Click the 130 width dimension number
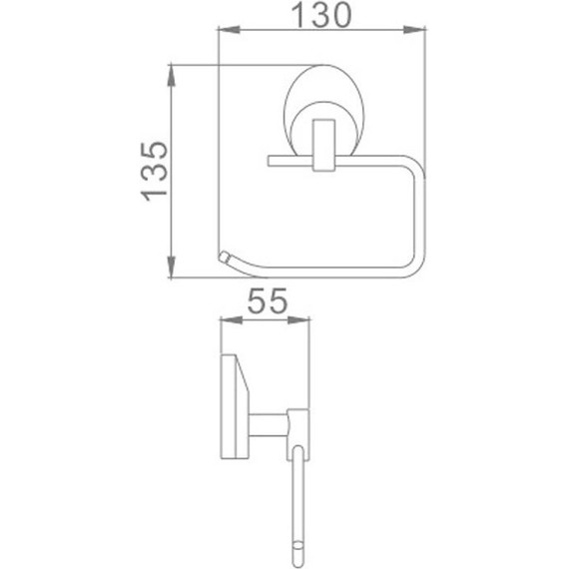tap(321, 15)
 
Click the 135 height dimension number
tap(154, 172)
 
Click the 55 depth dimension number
tap(268, 300)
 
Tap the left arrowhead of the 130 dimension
tap(229, 30)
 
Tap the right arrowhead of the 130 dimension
tap(414, 30)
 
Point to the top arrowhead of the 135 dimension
tap(172, 76)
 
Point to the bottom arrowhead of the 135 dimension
tap(172, 267)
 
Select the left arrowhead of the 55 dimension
tap(232, 320)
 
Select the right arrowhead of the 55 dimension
tap(298, 320)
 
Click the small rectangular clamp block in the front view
tap(323, 145)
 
